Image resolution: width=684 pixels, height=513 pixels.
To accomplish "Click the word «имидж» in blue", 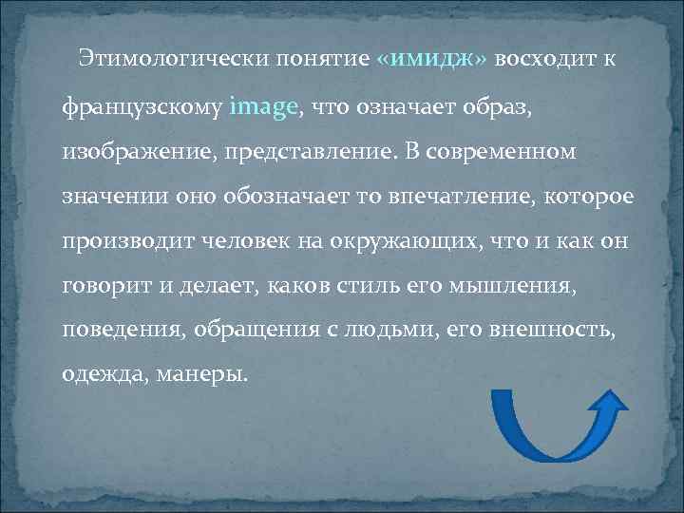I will [x=432, y=60].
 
